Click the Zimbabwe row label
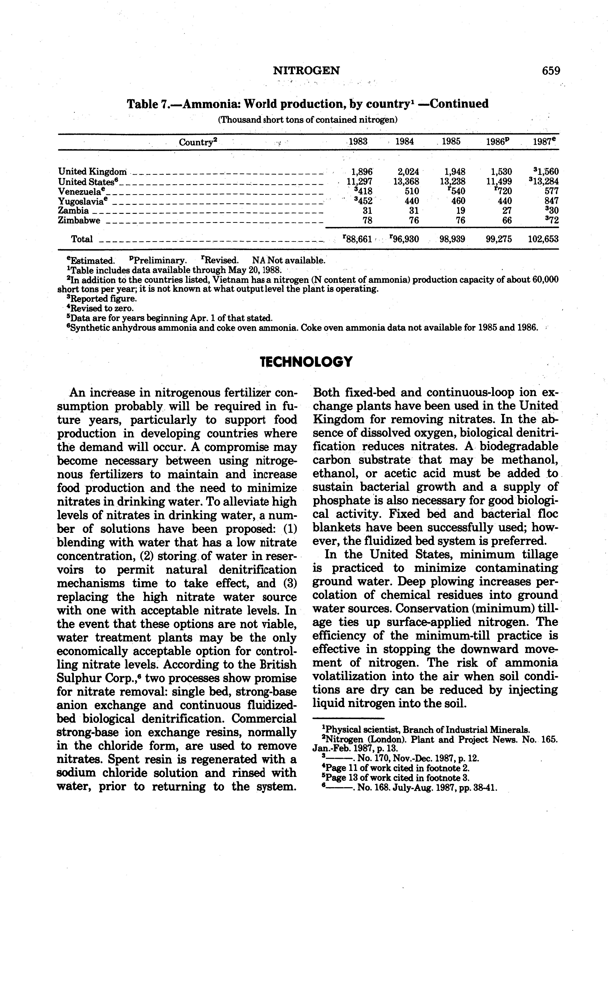pos(79,220)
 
